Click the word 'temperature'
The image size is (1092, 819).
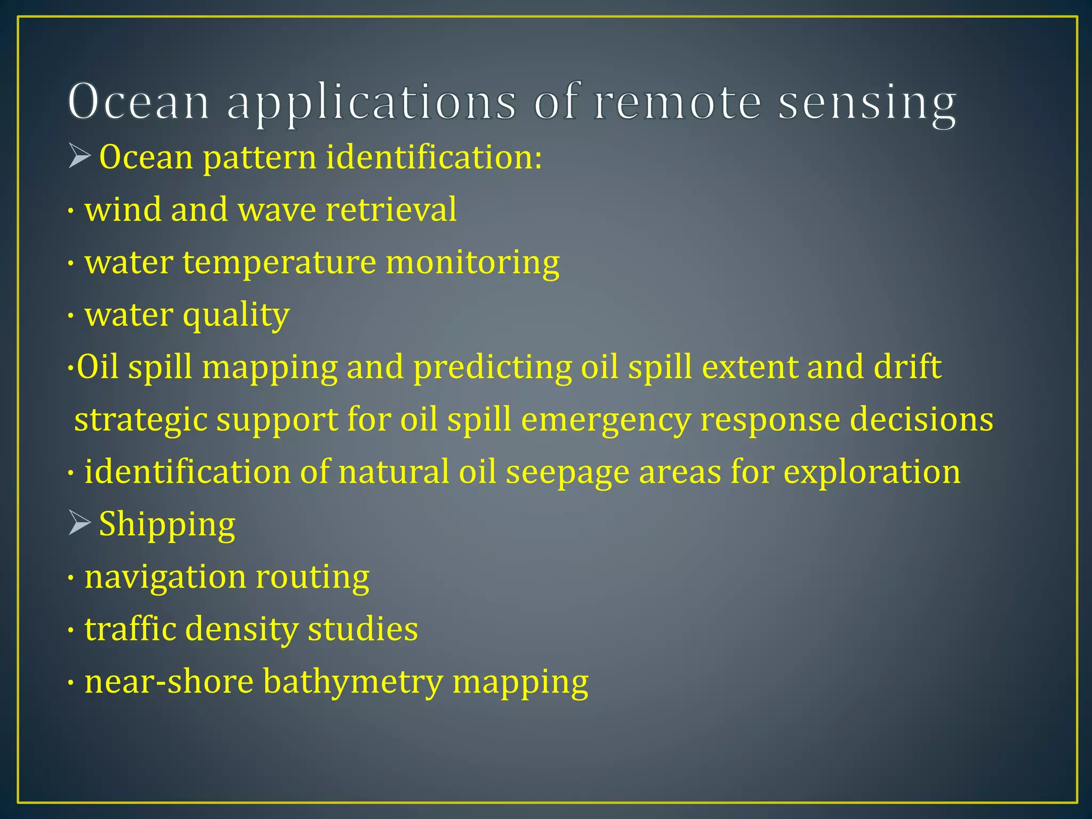click(279, 262)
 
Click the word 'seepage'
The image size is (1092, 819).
click(567, 472)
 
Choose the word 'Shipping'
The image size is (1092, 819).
click(167, 524)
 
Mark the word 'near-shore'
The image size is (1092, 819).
click(169, 682)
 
